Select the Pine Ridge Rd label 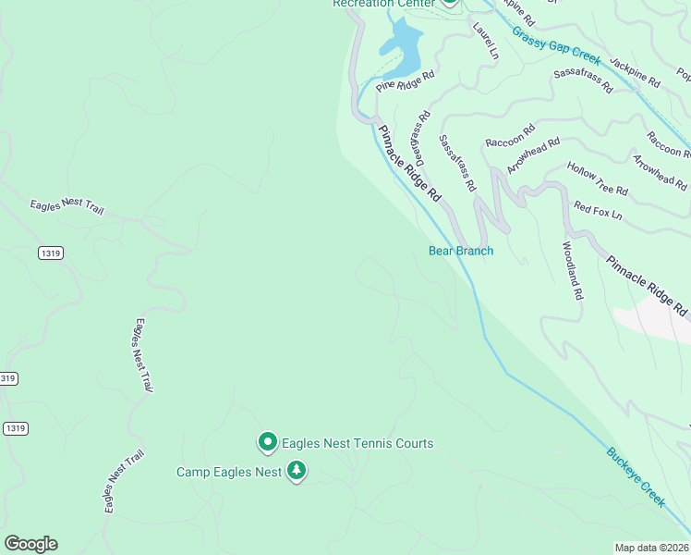(x=405, y=82)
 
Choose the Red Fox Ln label (x=598, y=211)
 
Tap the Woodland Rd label (x=573, y=270)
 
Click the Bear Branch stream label (x=461, y=251)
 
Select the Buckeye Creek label (x=636, y=476)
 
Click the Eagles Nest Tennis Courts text (x=357, y=444)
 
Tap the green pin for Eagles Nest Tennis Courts (x=268, y=443)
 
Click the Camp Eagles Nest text (x=228, y=473)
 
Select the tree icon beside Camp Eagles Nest (x=296, y=472)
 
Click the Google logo (x=30, y=544)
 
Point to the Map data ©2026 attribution (x=651, y=547)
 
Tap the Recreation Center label (x=383, y=4)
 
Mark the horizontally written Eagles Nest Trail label (x=67, y=206)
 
